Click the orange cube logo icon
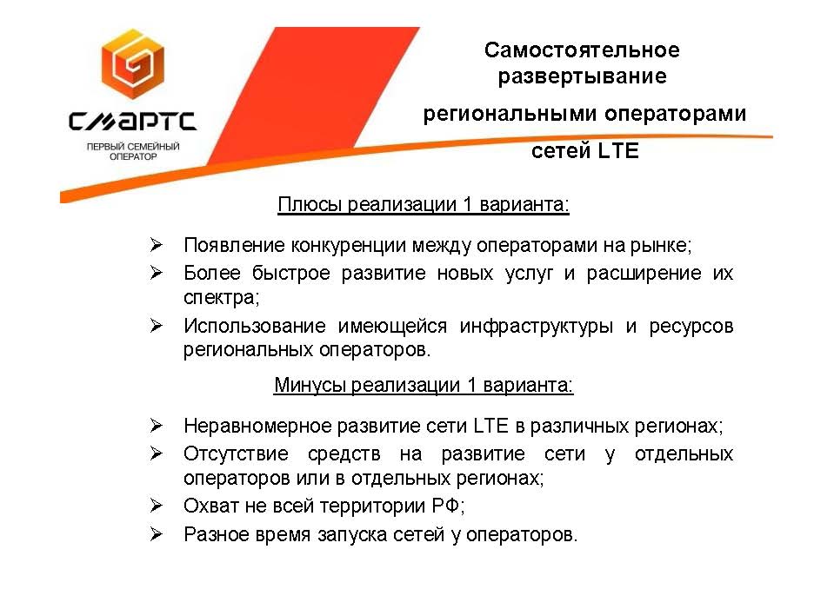(133, 64)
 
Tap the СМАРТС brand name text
(133, 121)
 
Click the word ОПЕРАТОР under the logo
(133, 156)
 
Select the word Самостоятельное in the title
(582, 50)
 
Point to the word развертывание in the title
(582, 76)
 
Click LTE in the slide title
(618, 151)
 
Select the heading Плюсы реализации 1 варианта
(424, 204)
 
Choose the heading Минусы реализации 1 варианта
(424, 385)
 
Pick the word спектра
(221, 298)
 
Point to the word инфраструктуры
(536, 326)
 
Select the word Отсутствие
(237, 454)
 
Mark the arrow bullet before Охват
(156, 505)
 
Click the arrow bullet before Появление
(156, 245)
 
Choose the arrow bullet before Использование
(156, 325)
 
